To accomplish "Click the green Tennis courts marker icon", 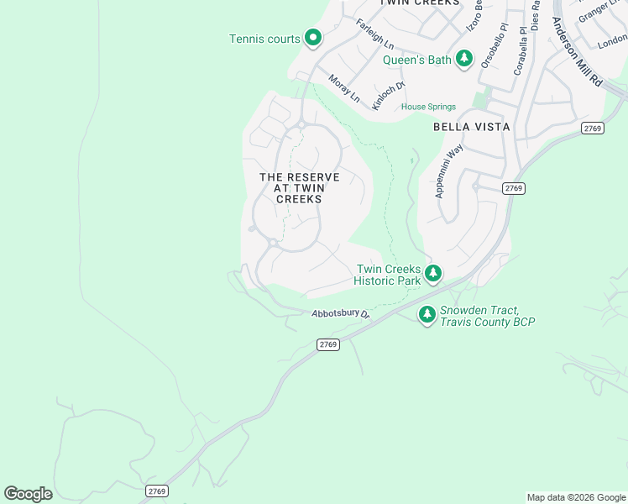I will pos(313,38).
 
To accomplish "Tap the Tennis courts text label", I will pos(265,39).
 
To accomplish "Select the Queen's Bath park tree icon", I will pos(464,59).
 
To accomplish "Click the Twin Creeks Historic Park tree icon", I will pos(433,274).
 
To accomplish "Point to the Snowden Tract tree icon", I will pos(427,314).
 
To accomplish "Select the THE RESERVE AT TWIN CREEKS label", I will pos(300,188).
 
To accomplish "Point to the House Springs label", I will pos(428,107).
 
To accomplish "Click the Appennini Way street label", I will pos(449,171).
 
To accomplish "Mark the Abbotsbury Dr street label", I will pos(340,313).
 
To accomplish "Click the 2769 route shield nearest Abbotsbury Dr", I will pos(328,344).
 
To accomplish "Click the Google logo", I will pos(28,494).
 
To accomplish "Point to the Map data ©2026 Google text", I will pos(575,497).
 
